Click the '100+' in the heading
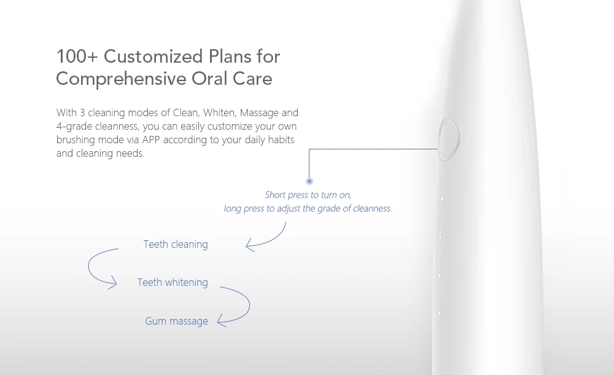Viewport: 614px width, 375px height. (77, 57)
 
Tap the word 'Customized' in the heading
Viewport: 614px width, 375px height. (153, 57)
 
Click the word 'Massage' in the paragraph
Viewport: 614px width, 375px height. (259, 114)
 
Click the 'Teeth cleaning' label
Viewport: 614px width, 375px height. (176, 245)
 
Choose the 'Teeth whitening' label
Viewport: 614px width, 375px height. (173, 282)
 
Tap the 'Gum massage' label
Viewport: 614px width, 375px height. (176, 321)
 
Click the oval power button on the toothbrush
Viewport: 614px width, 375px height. (449, 140)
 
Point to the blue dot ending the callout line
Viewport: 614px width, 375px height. (309, 181)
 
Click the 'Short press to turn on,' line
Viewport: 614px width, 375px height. (308, 195)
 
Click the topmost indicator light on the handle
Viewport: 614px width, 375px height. (441, 199)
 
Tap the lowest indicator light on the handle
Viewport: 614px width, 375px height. (439, 314)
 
